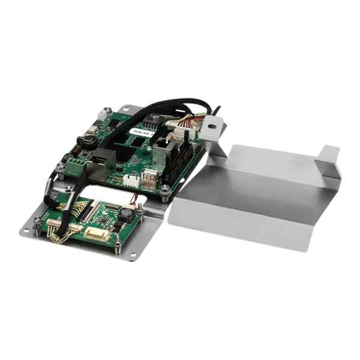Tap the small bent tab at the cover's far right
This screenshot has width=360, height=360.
coord(329,155)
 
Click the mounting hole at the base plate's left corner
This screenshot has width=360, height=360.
coord(29,229)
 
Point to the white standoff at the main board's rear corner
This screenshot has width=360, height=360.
coord(106,112)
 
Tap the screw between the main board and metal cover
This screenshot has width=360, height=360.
coord(164,191)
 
